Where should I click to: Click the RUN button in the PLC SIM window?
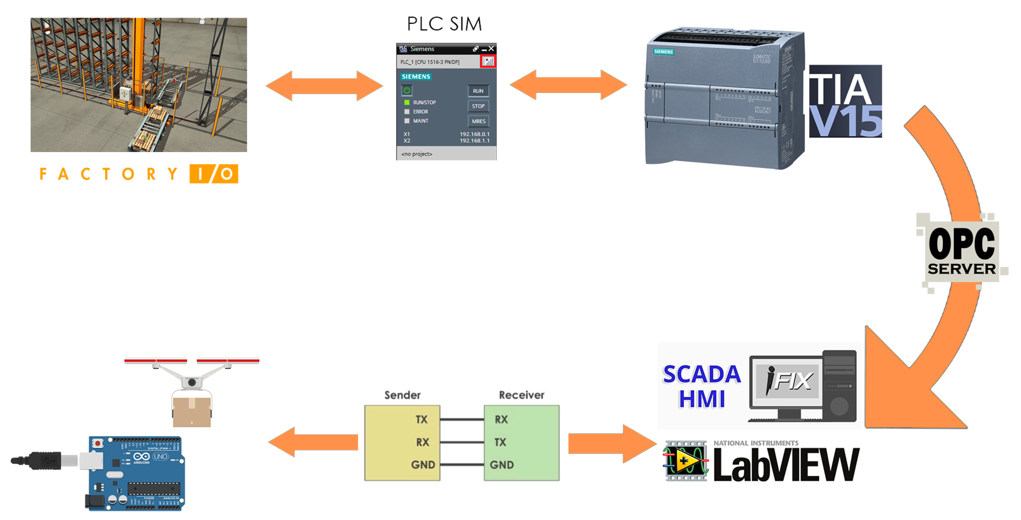[478, 91]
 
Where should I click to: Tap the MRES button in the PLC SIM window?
[478, 121]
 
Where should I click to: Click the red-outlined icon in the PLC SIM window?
[488, 62]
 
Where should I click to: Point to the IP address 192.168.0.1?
[474, 134]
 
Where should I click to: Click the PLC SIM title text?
[444, 24]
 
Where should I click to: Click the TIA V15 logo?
[845, 101]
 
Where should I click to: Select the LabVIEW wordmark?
[786, 464]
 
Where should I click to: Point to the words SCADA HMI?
[702, 386]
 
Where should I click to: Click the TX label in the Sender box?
[421, 419]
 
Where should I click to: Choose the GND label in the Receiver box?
[501, 464]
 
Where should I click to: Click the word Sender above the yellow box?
[402, 395]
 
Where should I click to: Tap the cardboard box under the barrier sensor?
[192, 411]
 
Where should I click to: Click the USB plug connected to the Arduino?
[44, 460]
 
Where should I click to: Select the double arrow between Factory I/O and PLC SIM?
[324, 86]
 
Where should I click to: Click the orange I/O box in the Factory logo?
[214, 174]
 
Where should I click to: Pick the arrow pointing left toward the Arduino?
[313, 442]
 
